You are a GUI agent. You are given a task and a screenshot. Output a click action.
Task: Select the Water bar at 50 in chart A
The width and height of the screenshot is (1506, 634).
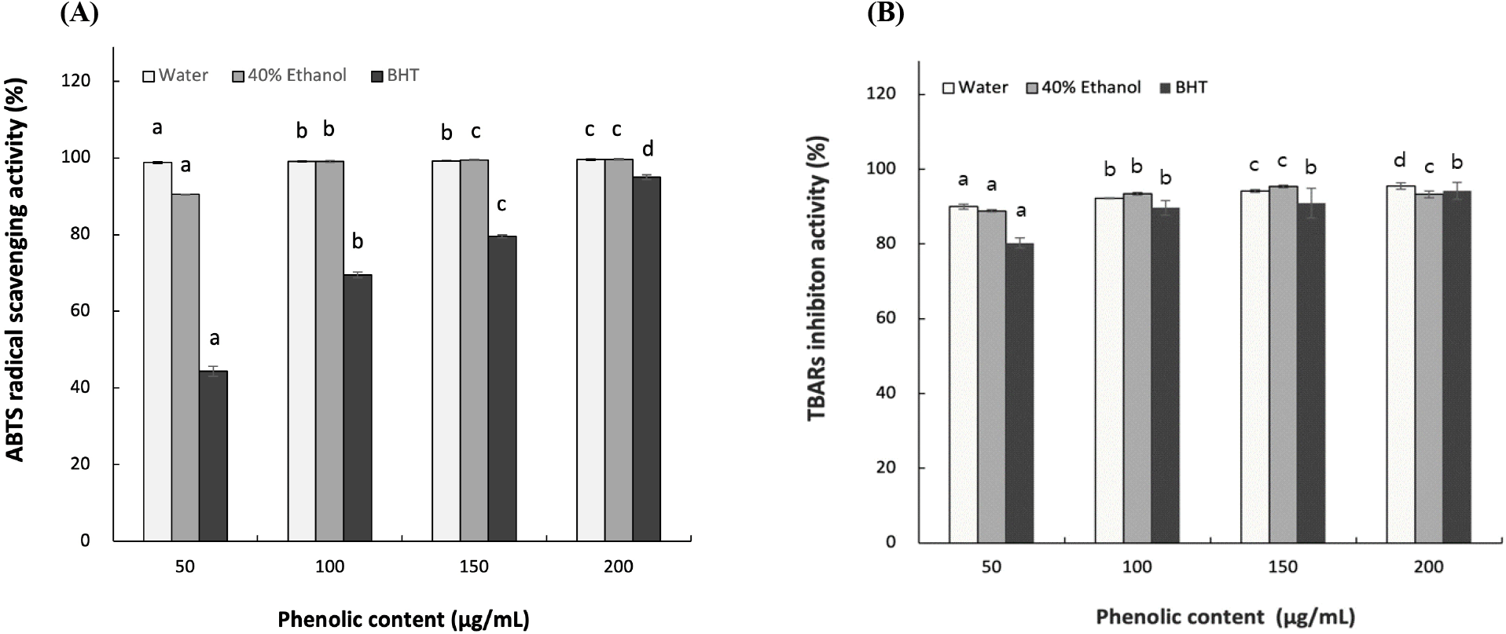[x=157, y=351]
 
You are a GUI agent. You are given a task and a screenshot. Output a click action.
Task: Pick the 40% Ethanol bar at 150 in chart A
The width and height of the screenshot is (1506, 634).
[x=474, y=350]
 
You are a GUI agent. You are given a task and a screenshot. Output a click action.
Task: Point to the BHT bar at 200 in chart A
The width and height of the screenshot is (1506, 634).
[x=647, y=358]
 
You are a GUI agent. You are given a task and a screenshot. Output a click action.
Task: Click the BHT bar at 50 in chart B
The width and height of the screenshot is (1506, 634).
[x=1020, y=393]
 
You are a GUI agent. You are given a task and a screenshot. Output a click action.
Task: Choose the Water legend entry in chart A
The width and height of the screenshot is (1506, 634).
[x=175, y=75]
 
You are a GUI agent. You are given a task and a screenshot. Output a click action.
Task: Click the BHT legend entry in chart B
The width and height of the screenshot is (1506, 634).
[x=1183, y=88]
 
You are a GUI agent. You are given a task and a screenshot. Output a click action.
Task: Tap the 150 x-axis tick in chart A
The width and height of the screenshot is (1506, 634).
[x=474, y=567]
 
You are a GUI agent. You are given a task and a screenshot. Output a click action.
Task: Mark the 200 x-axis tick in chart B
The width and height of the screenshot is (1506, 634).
[x=1429, y=567]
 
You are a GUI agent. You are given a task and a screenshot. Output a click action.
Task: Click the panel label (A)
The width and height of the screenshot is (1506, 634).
[x=79, y=14]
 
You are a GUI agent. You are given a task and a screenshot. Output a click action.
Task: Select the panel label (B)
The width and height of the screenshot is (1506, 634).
[x=885, y=14]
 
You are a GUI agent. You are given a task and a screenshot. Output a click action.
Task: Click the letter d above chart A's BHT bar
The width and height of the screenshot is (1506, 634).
[x=648, y=149]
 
